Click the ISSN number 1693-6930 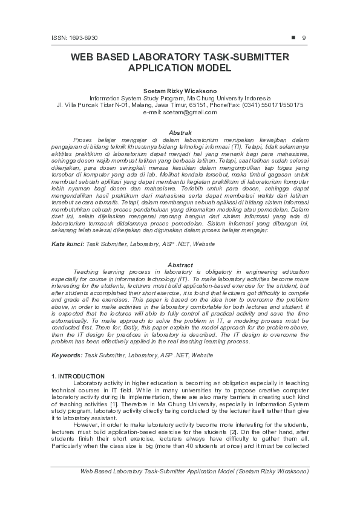point(71,38)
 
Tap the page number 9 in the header point(304,38)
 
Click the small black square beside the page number point(293,37)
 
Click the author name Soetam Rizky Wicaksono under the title point(180,91)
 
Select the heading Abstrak point(180,132)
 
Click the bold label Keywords point(67,355)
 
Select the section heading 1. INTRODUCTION point(78,377)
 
